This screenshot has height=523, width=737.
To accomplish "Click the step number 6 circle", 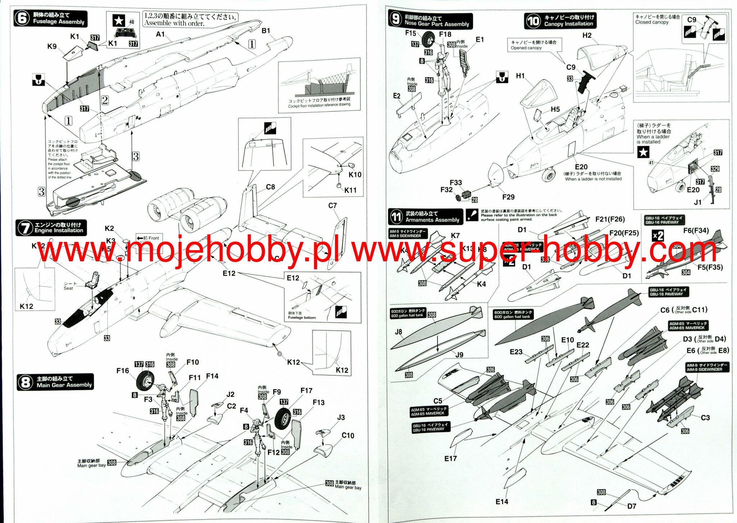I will [x=22, y=18].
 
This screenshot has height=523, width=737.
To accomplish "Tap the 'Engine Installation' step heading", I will [x=58, y=228].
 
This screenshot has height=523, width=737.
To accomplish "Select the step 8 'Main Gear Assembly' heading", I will [x=64, y=382].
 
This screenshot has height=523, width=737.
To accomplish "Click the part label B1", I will [x=266, y=31].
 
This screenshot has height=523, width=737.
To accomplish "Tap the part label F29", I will [x=508, y=197].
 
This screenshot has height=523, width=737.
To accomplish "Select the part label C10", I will [x=348, y=435].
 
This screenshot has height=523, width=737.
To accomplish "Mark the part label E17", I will [x=451, y=458].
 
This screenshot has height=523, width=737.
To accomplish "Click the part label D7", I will [x=632, y=506].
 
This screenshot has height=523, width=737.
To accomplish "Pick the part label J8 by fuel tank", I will [x=398, y=332].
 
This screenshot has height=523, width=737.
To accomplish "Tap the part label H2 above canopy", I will [x=587, y=35].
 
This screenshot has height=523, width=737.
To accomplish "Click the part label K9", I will [x=52, y=46].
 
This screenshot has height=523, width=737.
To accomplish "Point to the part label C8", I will [x=270, y=187].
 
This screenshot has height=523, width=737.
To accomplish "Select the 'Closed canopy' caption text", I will [x=652, y=22].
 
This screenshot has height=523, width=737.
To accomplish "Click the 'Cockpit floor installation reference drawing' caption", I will [x=319, y=105].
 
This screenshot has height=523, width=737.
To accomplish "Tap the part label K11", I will [x=350, y=190].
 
